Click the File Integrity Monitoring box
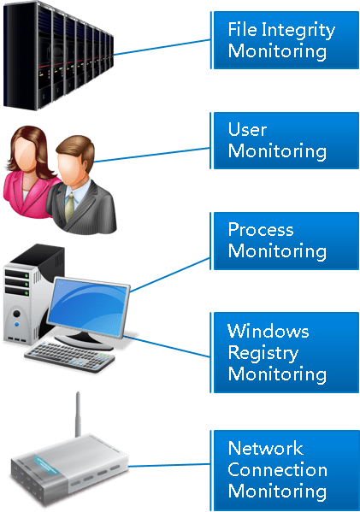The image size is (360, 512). click(285, 40)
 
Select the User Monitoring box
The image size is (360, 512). click(285, 140)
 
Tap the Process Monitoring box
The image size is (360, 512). click(285, 241)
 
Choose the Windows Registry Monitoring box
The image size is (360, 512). click(285, 352)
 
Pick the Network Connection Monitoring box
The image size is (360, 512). click(285, 470)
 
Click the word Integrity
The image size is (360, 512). click(298, 31)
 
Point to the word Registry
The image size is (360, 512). click(263, 353)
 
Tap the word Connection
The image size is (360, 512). click(277, 469)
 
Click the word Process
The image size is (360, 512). click(261, 230)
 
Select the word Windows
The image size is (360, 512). click(269, 331)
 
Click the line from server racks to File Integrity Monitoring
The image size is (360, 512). click(162, 47)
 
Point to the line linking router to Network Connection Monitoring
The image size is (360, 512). click(169, 465)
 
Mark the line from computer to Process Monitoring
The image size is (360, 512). click(170, 274)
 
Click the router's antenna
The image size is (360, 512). click(78, 415)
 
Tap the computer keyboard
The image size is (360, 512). click(69, 356)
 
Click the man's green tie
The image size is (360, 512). click(69, 207)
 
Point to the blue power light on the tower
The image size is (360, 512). click(16, 324)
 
